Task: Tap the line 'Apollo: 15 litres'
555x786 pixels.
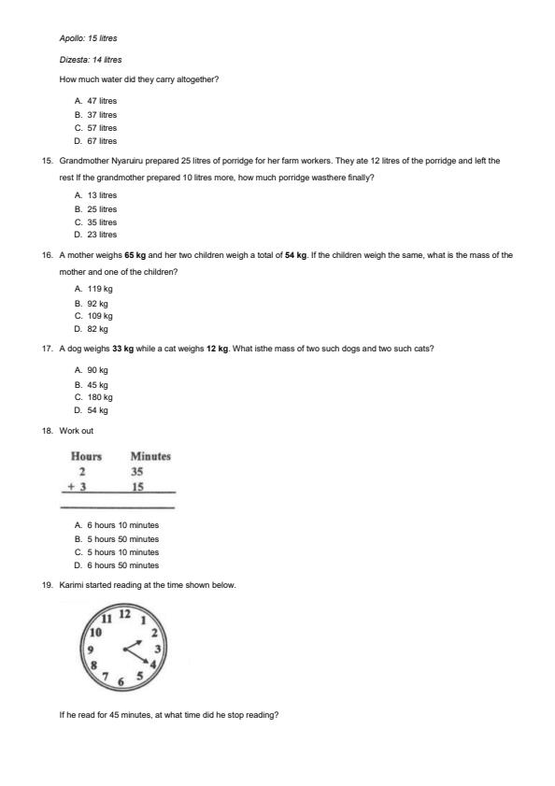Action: tap(88, 38)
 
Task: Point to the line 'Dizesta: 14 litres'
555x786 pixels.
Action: tap(90, 59)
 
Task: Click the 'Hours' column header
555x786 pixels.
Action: tap(86, 456)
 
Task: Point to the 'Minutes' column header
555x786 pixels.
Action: tap(150, 456)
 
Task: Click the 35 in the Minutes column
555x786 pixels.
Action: tap(137, 472)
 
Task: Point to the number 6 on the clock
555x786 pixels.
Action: tap(121, 682)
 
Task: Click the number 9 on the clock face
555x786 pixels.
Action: tap(90, 649)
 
